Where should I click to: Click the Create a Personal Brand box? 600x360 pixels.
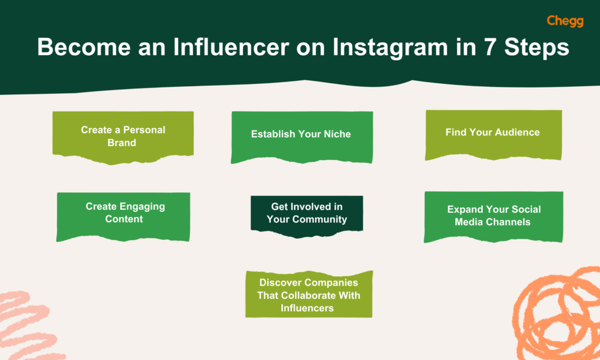coord(123,135)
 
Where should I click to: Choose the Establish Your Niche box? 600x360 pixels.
coord(301,134)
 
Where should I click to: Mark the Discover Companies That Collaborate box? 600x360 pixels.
coord(309,295)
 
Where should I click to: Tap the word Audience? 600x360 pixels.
coord(518,133)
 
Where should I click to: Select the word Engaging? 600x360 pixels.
coord(142,206)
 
